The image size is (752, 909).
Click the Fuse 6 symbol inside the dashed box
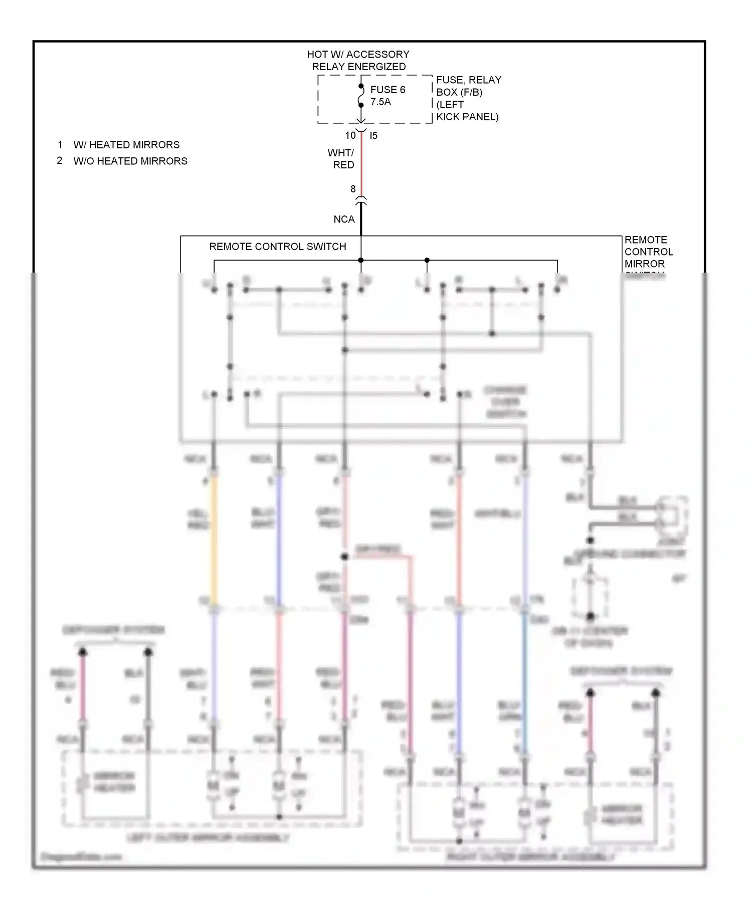(x=361, y=96)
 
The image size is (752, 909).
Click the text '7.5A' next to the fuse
(x=381, y=102)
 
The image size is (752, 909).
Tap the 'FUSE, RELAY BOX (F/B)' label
(x=468, y=86)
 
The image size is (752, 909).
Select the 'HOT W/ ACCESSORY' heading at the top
(x=358, y=54)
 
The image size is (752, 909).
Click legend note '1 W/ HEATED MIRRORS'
(x=119, y=145)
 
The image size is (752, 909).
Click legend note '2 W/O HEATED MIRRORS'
(x=122, y=161)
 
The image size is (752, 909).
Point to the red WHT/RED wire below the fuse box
(x=361, y=165)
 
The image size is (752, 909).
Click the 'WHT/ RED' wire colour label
(x=342, y=159)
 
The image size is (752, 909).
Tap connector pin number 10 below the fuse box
(x=350, y=135)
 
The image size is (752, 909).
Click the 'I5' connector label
(x=373, y=135)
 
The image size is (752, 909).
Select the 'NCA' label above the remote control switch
(x=344, y=219)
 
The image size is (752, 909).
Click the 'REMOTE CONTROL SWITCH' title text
(x=277, y=247)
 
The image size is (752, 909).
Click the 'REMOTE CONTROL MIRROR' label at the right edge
(x=648, y=252)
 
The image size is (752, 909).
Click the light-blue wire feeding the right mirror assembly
(x=524, y=681)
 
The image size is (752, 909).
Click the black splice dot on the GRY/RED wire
(x=344, y=557)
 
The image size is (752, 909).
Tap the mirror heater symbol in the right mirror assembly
(x=590, y=815)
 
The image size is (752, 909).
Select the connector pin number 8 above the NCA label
(x=353, y=189)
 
